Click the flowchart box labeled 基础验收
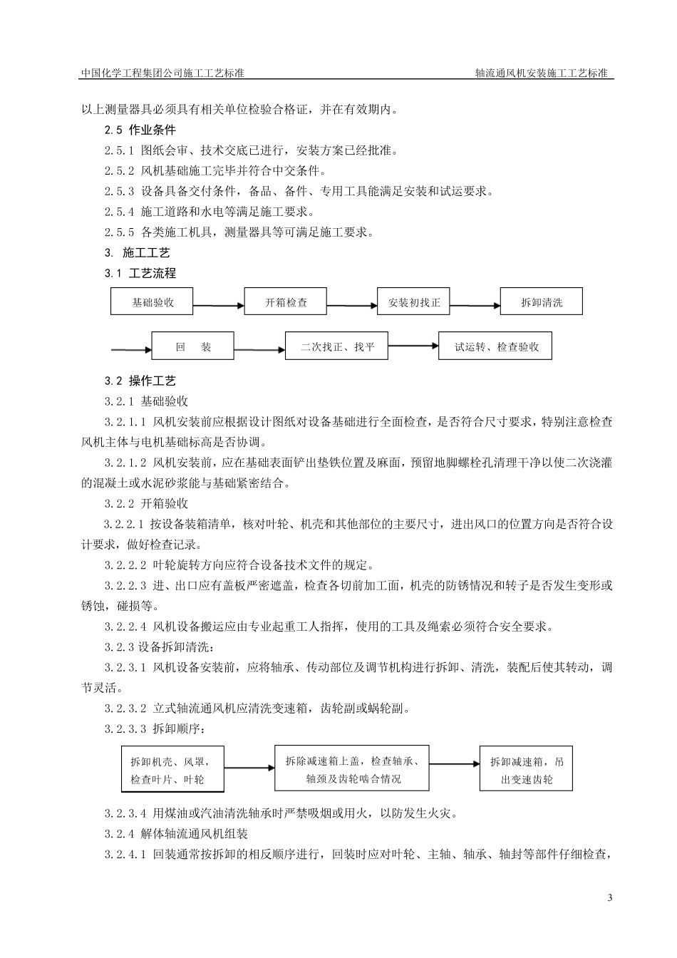153,302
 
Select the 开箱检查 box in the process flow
285,302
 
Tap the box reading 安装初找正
414,302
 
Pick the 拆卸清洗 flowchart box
542,302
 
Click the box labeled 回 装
193,347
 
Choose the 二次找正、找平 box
337,347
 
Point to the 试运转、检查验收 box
495,347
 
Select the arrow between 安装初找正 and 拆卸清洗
475,305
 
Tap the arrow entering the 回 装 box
131,349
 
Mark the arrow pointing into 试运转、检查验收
413,346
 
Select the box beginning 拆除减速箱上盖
352,768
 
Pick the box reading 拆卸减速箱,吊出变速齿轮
526,769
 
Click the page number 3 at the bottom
610,897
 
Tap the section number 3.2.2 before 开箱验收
119,503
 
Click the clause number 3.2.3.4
125,813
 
